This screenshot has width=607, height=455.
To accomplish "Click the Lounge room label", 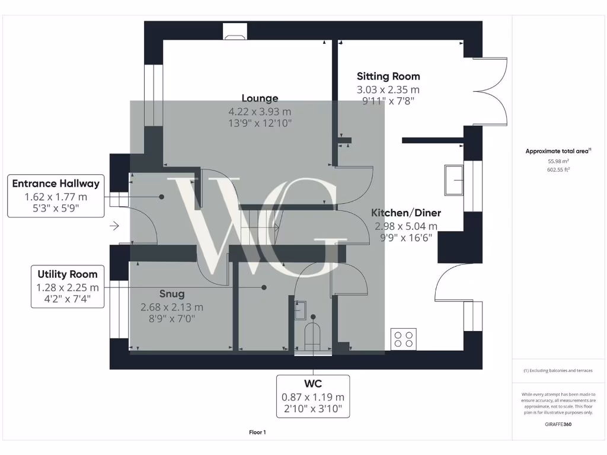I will point(260,98).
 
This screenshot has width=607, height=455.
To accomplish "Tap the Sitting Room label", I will point(388,76).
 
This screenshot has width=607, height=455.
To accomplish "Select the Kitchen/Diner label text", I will point(406,213).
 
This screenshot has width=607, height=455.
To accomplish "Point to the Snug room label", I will point(172,294).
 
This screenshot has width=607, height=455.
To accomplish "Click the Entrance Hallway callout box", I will point(56,196).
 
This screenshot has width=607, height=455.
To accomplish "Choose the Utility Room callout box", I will point(68,287).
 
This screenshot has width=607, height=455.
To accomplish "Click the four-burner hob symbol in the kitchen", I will point(403,339).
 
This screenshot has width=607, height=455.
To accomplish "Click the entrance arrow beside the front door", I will point(114,226).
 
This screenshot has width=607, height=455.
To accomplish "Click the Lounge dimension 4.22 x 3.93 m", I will point(260,111).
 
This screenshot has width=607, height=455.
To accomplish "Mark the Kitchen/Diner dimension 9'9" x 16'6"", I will point(406,237).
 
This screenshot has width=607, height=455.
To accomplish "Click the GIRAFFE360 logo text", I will point(558,424).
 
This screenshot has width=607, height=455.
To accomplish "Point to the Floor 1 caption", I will point(257,432).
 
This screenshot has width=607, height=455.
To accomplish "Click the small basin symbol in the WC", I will point(301,308).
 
